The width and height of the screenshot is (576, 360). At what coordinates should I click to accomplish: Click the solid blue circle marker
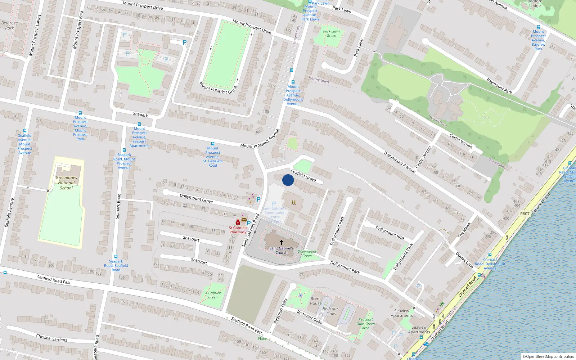click(288, 180)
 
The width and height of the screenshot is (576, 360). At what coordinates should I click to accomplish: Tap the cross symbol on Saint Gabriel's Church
click(282, 242)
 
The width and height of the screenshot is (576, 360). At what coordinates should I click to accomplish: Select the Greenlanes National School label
click(66, 183)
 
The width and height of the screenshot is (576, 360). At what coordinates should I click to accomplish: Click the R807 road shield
click(525, 214)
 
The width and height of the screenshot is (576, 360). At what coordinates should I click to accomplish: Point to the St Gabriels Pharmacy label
click(238, 230)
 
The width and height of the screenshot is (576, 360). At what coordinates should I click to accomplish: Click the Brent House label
click(316, 301)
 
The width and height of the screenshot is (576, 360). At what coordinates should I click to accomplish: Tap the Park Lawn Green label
click(332, 33)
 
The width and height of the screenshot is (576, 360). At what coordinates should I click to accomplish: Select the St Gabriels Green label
click(213, 295)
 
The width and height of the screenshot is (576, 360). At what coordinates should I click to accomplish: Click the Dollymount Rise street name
click(390, 233)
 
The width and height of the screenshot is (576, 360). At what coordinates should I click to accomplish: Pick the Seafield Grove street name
click(303, 175)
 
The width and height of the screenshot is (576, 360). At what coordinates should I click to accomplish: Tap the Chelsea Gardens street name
click(51, 338)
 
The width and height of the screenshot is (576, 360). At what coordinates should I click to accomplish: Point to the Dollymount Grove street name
click(196, 198)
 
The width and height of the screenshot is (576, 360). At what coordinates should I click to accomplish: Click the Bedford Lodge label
click(535, 4)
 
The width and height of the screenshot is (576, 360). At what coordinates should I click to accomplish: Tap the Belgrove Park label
click(9, 25)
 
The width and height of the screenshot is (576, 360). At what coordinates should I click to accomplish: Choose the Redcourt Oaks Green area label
click(366, 324)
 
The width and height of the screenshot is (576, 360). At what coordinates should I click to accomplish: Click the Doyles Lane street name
click(464, 260)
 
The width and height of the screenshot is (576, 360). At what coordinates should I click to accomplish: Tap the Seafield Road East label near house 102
click(54, 280)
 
